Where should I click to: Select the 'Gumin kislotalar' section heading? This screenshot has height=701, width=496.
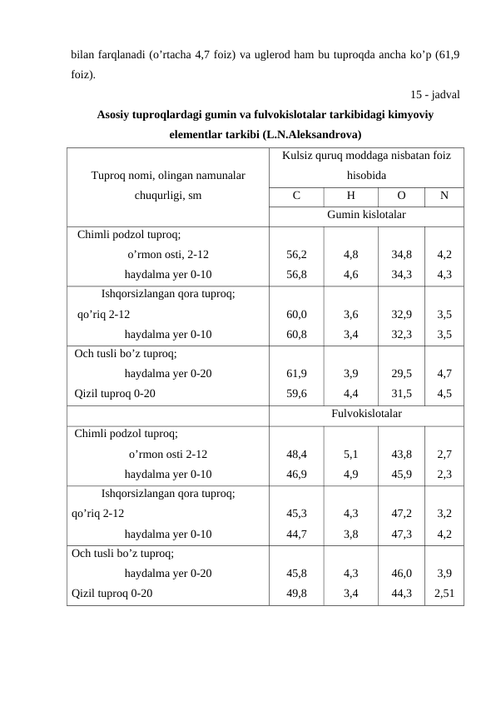point(366,216)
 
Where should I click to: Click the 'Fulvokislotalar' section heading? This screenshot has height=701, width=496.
point(366,413)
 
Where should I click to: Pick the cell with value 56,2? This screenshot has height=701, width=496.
point(296,255)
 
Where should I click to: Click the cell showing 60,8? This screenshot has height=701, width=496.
point(296,335)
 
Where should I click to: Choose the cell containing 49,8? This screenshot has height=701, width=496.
point(296,594)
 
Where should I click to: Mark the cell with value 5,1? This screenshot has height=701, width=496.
point(350,455)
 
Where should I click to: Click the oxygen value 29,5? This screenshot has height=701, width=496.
point(401,375)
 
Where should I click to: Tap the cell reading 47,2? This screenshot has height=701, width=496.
point(401,515)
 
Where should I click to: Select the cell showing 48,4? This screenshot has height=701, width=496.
point(296,455)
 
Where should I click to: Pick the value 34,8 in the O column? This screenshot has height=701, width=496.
point(401,255)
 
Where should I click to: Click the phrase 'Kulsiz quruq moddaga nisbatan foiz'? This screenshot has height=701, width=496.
point(366,156)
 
